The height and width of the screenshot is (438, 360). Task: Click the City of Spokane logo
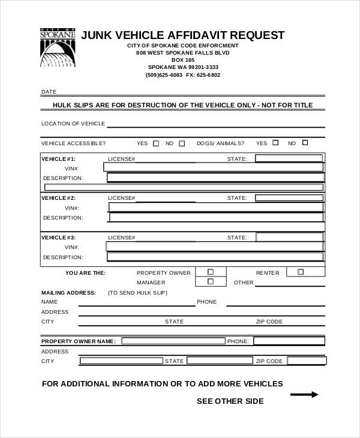pos(58,49)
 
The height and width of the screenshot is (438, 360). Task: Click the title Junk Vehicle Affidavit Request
pos(182,35)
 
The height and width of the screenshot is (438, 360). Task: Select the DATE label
pos(49,92)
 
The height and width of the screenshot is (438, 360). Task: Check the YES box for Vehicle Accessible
pos(156,143)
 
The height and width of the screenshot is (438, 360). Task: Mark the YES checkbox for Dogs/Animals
pos(275,143)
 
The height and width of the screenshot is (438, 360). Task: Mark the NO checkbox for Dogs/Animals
pos(305,143)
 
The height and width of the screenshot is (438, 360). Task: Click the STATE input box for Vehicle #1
pos(289,159)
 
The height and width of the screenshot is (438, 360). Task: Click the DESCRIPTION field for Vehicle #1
pos(215,178)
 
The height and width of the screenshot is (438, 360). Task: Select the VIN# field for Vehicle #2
pos(215,208)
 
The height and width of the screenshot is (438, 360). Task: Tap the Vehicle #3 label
pos(58,237)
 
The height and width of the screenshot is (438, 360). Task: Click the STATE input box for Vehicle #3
pos(289,237)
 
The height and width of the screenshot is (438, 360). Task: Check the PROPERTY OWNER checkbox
pos(211,272)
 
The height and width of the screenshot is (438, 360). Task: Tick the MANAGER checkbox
pos(211,281)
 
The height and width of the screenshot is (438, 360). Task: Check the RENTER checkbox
pos(301,272)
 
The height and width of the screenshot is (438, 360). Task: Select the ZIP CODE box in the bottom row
pos(306,361)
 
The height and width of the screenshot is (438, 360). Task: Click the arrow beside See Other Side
pos(304,394)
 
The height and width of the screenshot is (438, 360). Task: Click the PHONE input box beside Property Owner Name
pos(289,341)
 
